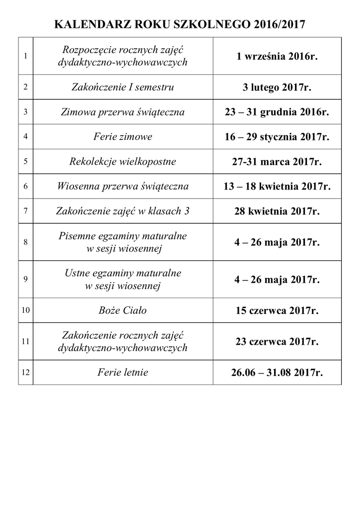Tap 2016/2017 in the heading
point(279,24)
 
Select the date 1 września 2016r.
point(277,57)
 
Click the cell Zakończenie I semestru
point(123,87)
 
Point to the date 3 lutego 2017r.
point(277,88)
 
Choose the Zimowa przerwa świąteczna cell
point(123,112)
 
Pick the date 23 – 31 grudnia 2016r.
point(277,112)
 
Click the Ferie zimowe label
point(123,136)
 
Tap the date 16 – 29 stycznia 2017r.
point(277,136)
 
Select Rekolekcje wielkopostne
point(123,162)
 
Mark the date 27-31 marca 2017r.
point(277,162)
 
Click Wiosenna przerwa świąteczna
point(123,187)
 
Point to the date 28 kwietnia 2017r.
point(277,212)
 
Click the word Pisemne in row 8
point(75,237)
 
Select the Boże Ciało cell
point(123,311)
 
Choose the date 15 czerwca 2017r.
point(277,311)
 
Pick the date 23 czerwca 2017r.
point(277,342)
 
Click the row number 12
point(25,372)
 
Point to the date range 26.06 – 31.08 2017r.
point(277,373)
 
